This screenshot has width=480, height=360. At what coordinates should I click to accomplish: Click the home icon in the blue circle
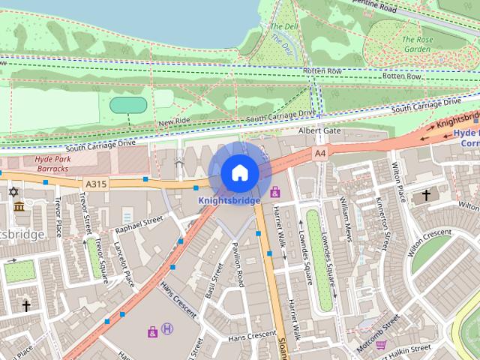tap(239, 173)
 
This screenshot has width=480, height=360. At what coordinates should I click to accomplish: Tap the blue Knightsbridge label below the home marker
tap(229, 200)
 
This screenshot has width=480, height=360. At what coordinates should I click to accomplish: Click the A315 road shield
tap(96, 183)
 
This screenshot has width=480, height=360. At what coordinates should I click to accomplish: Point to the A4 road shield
tap(320, 153)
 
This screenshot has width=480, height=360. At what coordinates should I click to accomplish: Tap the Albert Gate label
tap(319, 130)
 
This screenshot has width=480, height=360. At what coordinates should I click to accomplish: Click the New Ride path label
tap(174, 121)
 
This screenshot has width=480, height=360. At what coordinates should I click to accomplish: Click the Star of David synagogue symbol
tap(13, 192)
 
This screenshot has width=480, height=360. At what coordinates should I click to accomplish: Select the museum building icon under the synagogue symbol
tap(19, 206)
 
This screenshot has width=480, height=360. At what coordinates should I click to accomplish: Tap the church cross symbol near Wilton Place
tap(427, 195)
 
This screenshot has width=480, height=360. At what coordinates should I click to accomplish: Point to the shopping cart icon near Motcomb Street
tap(380, 345)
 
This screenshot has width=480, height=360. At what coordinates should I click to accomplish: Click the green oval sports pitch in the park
tap(128, 105)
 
